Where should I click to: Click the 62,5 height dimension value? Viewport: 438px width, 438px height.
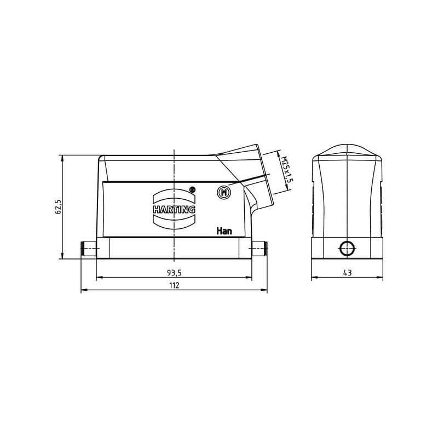[59, 207]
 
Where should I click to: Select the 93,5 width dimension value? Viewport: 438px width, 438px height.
[174, 273]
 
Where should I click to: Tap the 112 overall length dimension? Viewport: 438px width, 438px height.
[174, 285]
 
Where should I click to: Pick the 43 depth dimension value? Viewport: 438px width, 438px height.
[347, 273]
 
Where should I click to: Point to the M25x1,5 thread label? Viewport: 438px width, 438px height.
[287, 169]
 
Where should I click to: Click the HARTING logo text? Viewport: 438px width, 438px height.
[174, 210]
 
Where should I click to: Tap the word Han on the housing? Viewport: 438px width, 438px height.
[224, 231]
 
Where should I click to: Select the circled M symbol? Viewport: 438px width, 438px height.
[223, 192]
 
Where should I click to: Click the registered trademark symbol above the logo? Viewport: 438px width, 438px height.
[192, 189]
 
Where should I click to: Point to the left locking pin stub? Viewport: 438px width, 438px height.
[88, 249]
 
